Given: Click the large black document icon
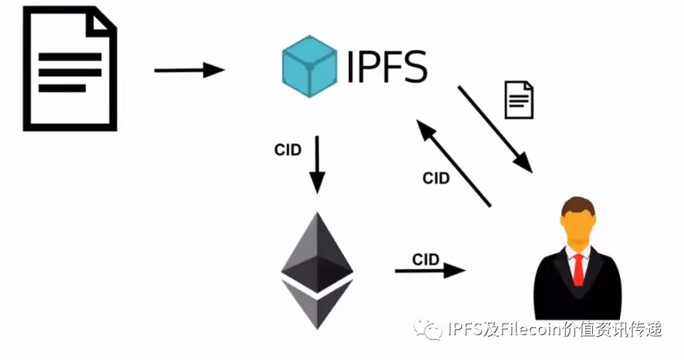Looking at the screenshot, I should click(x=70, y=69).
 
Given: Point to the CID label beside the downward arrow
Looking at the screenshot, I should click(x=288, y=150).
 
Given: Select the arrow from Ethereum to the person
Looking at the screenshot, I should click(x=430, y=270).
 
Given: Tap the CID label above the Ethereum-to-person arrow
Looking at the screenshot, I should click(x=425, y=259).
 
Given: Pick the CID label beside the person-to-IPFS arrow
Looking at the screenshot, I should click(x=436, y=178).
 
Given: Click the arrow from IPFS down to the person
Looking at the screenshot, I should click(x=495, y=130).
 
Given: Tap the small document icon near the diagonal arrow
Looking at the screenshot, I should click(x=519, y=100).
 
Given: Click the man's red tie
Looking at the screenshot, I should click(x=578, y=270).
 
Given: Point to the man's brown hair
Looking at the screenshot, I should click(x=578, y=204).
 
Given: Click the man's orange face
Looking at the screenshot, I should click(x=578, y=226).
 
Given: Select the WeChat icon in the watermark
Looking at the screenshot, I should click(x=428, y=330).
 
